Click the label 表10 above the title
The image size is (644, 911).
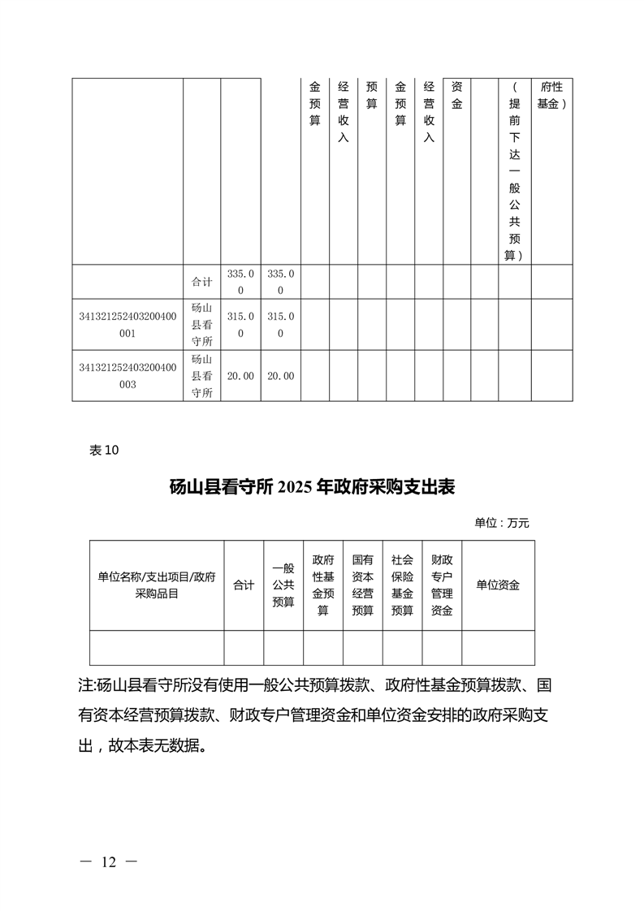click(103, 451)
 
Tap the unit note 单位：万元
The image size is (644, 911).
click(501, 523)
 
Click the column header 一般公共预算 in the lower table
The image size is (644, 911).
click(283, 585)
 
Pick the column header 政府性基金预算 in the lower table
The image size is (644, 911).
click(322, 585)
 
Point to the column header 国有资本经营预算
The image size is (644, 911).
click(362, 585)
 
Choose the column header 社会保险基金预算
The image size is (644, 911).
click(402, 585)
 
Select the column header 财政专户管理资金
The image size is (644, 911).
click(442, 585)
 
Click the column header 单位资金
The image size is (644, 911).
click(498, 585)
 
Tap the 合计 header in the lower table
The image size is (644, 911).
click(244, 585)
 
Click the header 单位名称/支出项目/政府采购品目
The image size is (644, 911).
click(157, 585)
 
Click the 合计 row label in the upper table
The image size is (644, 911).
click(201, 282)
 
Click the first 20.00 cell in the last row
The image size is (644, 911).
click(240, 376)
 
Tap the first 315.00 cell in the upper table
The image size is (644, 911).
click(240, 325)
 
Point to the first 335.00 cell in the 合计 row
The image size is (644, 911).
click(240, 282)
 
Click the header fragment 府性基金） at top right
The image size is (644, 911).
click(551, 95)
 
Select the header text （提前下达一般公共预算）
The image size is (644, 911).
click(514, 171)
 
